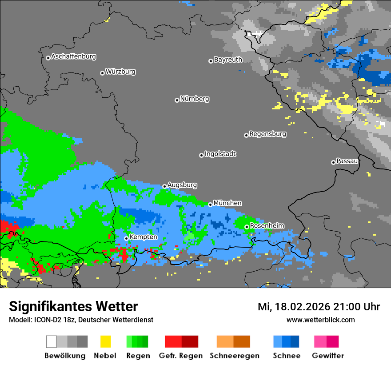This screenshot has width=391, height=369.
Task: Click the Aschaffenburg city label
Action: (73, 57)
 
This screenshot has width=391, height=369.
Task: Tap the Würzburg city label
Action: (120, 72)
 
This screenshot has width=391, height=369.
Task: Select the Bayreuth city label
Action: (228, 60)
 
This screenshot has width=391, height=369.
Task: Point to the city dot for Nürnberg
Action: (177, 100)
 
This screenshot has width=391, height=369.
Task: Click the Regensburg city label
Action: (267, 134)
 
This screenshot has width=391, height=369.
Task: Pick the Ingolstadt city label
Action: (220, 154)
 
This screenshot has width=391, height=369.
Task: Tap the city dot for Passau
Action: (333, 162)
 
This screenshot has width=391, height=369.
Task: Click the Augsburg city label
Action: (182, 185)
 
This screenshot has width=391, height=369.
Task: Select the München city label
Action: (227, 203)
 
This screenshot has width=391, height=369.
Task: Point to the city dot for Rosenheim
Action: (247, 227)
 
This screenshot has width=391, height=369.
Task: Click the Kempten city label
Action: (143, 237)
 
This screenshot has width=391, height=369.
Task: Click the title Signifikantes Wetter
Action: (73, 306)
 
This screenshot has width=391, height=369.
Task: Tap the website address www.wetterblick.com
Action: (320, 320)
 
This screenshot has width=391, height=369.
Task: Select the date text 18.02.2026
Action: (300, 307)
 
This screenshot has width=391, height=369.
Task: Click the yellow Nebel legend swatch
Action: (105, 341)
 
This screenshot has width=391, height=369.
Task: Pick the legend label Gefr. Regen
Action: (181, 356)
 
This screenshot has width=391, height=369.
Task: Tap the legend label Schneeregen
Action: (235, 356)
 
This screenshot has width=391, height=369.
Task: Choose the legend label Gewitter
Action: (328, 356)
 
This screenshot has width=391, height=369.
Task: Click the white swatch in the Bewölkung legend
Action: (52, 341)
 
